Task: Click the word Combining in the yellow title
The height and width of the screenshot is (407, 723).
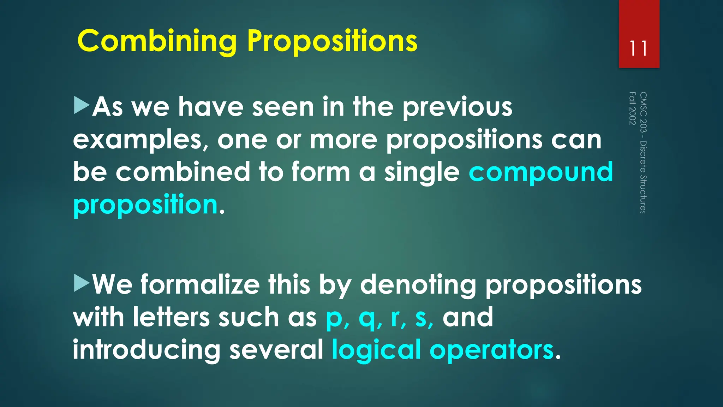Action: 157,41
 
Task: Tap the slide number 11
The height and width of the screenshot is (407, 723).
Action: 639,49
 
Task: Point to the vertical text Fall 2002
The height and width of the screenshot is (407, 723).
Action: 632,108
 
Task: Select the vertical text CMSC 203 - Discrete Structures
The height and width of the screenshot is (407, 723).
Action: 643,153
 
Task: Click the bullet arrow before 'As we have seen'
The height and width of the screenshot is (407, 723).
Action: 82,106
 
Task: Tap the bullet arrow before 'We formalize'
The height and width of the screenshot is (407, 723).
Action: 82,284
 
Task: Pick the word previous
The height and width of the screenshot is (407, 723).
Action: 457,107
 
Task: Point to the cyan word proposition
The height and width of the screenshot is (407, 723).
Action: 145,205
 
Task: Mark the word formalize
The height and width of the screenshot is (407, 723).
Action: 200,284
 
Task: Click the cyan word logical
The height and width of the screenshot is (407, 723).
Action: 376,350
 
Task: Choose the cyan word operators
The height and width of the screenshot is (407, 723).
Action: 491,350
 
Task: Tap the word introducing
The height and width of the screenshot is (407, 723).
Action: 147,350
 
